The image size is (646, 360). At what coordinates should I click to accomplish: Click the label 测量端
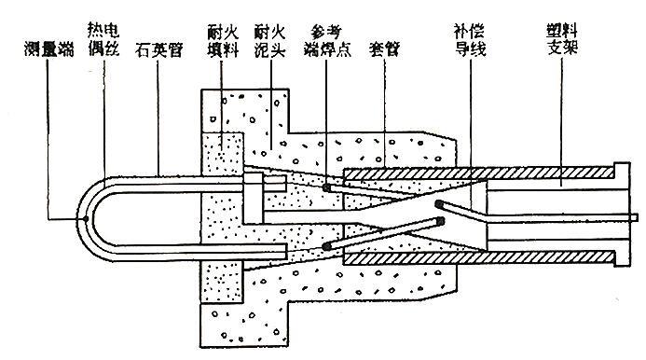click(x=49, y=50)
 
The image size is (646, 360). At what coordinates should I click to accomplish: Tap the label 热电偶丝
click(x=103, y=39)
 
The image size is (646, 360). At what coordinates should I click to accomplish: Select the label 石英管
click(x=158, y=50)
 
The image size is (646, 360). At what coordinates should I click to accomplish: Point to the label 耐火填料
click(x=223, y=41)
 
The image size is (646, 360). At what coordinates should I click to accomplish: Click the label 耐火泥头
click(x=269, y=41)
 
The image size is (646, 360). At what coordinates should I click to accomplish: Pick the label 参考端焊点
click(x=327, y=41)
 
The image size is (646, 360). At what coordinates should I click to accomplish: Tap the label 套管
click(x=384, y=50)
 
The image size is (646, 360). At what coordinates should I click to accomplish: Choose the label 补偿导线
click(x=470, y=39)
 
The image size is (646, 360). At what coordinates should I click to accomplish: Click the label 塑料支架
click(x=562, y=39)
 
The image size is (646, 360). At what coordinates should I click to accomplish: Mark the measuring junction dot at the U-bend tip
click(x=86, y=218)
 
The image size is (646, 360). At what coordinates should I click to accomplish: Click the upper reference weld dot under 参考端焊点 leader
click(x=326, y=188)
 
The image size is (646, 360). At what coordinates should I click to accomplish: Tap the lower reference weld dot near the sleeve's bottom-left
click(x=326, y=246)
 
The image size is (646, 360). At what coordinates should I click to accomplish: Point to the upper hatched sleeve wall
click(x=479, y=173)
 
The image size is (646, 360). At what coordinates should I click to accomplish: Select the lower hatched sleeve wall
click(x=479, y=258)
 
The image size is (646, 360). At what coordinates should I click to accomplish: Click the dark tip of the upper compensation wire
click(x=439, y=203)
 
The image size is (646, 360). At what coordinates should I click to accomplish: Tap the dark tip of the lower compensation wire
click(x=441, y=221)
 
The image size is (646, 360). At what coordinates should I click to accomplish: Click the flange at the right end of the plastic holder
click(x=622, y=215)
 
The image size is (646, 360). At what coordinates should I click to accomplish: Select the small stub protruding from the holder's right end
click(x=634, y=217)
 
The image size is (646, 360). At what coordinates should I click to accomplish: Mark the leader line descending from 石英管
click(x=158, y=118)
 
